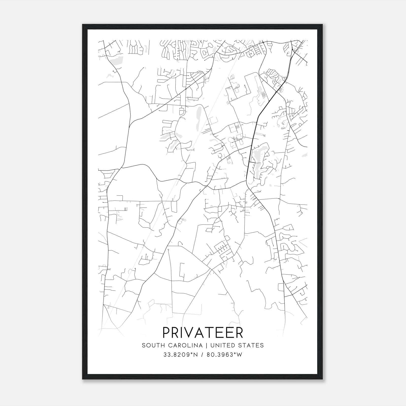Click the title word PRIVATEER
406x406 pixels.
(x=203, y=333)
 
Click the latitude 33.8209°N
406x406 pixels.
(x=180, y=354)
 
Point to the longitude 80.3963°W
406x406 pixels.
(x=225, y=354)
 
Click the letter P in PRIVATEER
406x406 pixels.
(x=166, y=333)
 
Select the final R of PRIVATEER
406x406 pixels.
(x=239, y=333)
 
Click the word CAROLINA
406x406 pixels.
(x=183, y=345)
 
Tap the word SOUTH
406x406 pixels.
(x=151, y=345)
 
